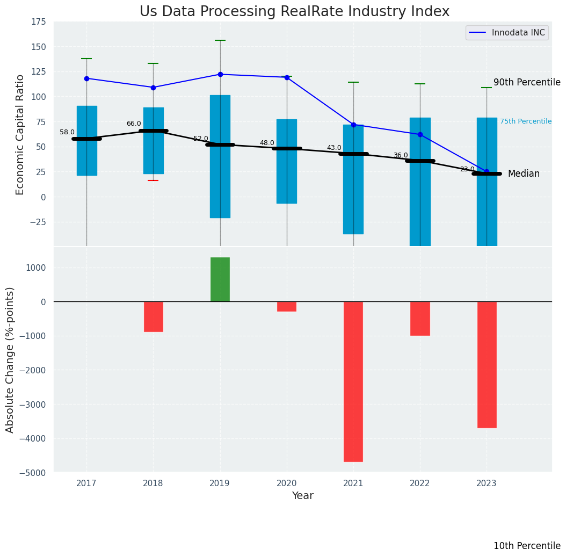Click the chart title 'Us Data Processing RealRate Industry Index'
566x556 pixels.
294,12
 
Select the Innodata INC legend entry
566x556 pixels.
507,33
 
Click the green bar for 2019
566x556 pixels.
220,279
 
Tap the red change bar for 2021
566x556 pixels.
353,381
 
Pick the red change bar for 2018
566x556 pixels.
153,316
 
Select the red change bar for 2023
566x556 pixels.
487,364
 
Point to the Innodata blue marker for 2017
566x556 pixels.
86,78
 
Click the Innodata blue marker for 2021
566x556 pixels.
353,125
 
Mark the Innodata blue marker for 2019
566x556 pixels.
220,74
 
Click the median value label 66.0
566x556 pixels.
134,124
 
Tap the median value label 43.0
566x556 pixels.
334,148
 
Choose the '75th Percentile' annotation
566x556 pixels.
525,121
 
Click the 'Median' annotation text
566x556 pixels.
524,174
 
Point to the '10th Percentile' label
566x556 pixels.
527,546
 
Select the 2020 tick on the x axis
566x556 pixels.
287,483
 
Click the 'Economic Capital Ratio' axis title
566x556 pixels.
20,134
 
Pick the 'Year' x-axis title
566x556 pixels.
303,496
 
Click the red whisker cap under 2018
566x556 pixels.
153,180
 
